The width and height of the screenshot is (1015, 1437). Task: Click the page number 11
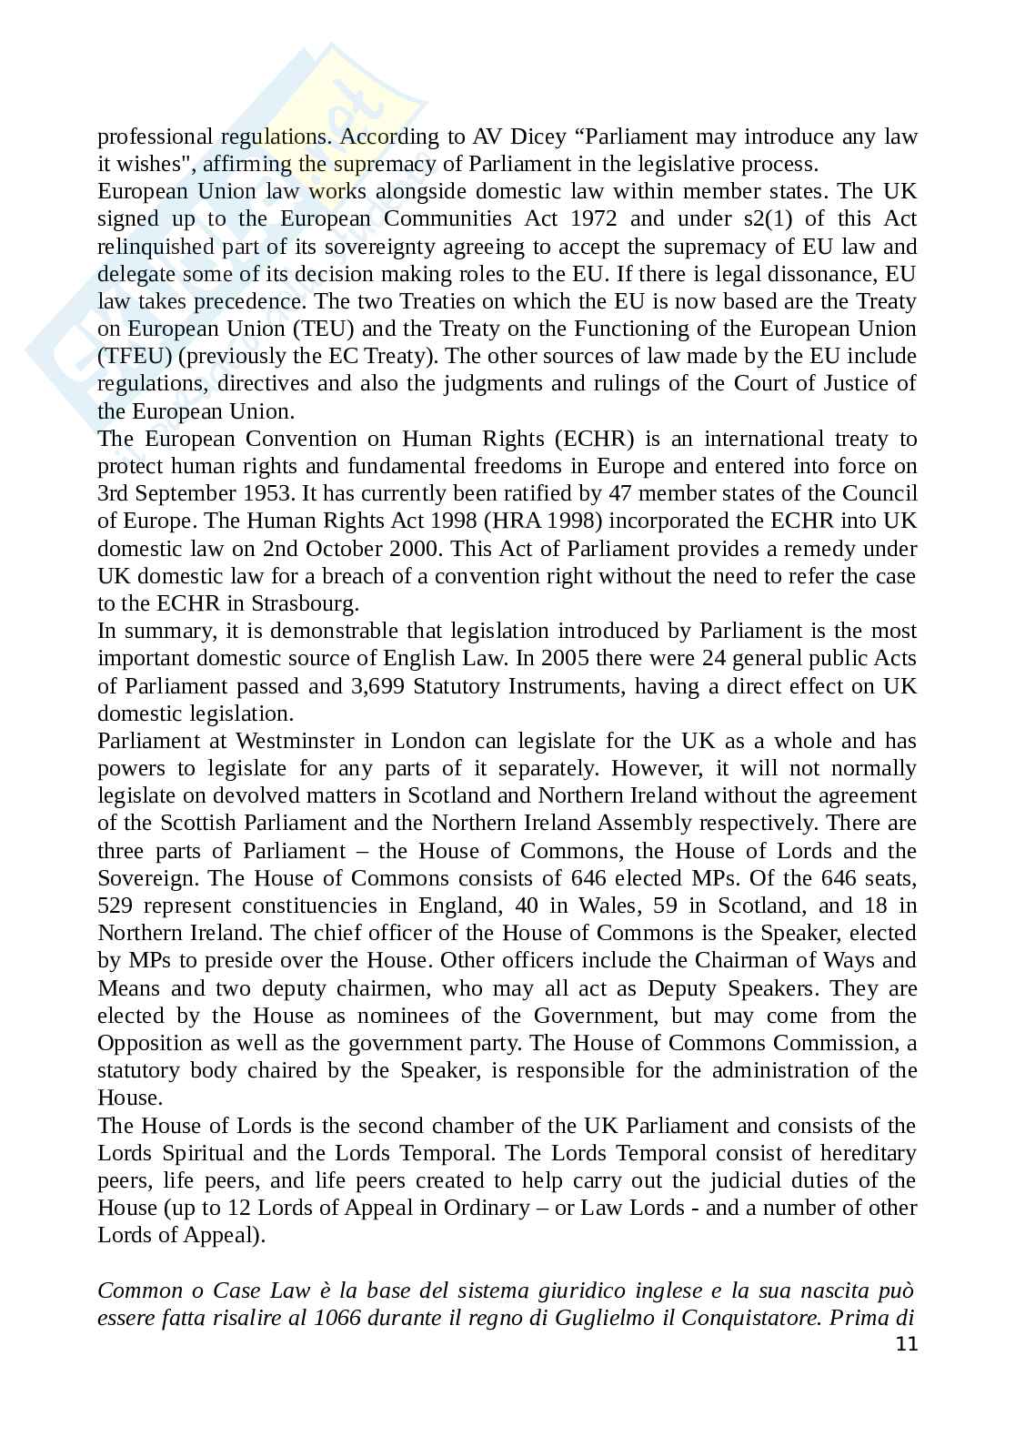point(907,1344)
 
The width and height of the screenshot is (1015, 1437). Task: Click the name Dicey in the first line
point(536,137)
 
